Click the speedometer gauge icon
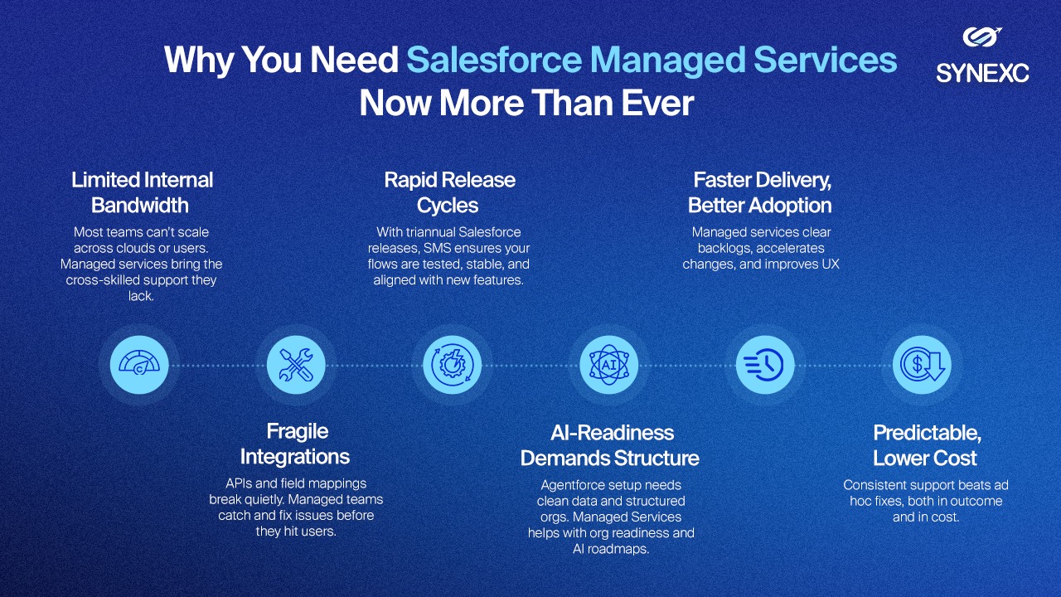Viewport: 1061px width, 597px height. click(x=139, y=365)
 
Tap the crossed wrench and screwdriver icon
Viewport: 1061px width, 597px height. click(x=296, y=365)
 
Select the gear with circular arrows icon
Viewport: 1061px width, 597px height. click(x=453, y=365)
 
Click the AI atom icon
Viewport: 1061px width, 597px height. click(x=609, y=365)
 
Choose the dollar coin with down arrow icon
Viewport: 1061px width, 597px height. click(x=923, y=365)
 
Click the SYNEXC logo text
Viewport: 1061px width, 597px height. click(x=982, y=74)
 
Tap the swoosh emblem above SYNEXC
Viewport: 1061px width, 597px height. click(x=982, y=37)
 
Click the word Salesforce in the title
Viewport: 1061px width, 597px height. click(x=493, y=60)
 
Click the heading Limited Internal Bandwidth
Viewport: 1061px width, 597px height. click(x=142, y=192)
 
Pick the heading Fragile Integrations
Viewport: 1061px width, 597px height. click(x=295, y=444)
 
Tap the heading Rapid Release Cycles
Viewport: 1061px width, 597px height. click(x=449, y=192)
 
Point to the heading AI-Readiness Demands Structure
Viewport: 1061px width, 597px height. click(x=610, y=445)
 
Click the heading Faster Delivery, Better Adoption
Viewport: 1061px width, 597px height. click(x=760, y=192)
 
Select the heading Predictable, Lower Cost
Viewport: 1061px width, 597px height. click(x=926, y=445)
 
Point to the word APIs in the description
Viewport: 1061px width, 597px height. click(x=239, y=483)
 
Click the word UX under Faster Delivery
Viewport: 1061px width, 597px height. click(x=831, y=264)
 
